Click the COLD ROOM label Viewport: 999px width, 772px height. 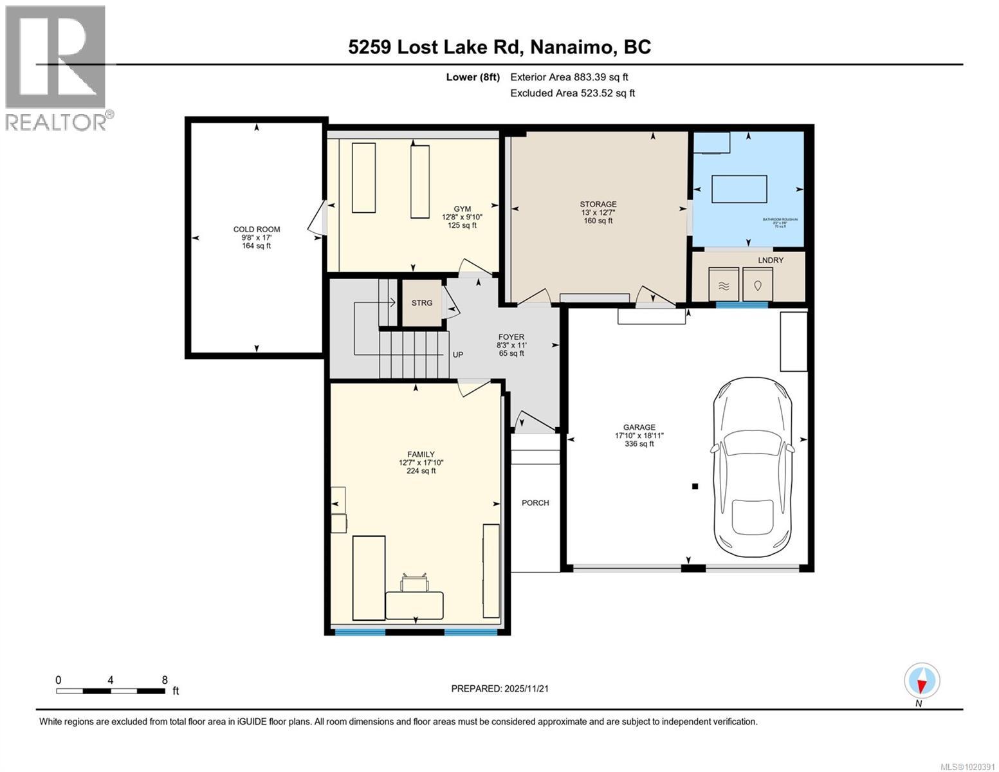[256, 230]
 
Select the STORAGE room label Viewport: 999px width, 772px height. [598, 205]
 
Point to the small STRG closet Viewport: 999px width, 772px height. [422, 303]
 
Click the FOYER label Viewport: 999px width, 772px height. [511, 337]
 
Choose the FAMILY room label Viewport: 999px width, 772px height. [421, 454]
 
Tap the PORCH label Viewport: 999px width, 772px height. [535, 503]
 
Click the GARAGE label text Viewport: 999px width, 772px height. [639, 427]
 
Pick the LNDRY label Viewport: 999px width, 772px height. [770, 260]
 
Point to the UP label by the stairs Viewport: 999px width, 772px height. [458, 354]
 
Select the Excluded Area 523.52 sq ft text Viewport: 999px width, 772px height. [573, 93]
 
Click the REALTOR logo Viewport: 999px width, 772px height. [57, 67]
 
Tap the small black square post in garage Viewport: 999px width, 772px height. [695, 486]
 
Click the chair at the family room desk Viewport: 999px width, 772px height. [414, 583]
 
